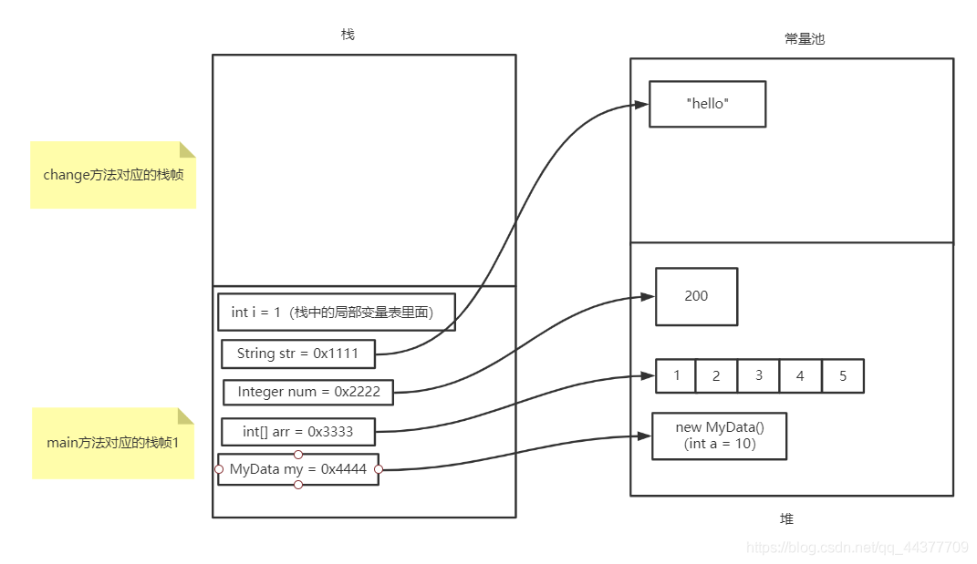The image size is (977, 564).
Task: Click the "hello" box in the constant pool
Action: pyautogui.click(x=707, y=104)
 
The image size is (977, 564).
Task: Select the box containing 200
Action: pyautogui.click(x=696, y=296)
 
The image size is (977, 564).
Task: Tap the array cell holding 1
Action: pyautogui.click(x=676, y=375)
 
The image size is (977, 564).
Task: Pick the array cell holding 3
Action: pyautogui.click(x=759, y=375)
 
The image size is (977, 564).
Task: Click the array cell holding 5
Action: pyautogui.click(x=842, y=375)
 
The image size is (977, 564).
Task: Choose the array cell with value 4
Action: pyautogui.click(x=800, y=375)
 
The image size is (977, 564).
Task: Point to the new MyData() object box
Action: pyautogui.click(x=719, y=436)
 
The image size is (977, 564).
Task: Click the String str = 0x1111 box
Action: pyautogui.click(x=297, y=354)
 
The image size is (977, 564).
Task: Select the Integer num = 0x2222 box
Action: pyautogui.click(x=307, y=392)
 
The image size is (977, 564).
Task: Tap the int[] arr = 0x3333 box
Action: pyautogui.click(x=297, y=431)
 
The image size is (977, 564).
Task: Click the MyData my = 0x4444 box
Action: pyautogui.click(x=297, y=469)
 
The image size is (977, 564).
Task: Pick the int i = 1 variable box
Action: pyautogui.click(x=336, y=312)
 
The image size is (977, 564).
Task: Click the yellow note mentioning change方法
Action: pyautogui.click(x=113, y=175)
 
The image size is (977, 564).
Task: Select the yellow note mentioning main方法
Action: pyautogui.click(x=113, y=443)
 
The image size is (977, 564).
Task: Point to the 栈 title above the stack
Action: pyautogui.click(x=348, y=35)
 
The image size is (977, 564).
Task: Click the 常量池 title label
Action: pyautogui.click(x=804, y=39)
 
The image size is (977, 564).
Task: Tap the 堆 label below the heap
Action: pyautogui.click(x=786, y=518)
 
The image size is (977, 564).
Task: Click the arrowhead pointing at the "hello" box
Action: pyautogui.click(x=641, y=105)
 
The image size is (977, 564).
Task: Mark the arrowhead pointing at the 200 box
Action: pyautogui.click(x=648, y=297)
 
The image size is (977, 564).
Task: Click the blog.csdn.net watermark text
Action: pyautogui.click(x=857, y=548)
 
